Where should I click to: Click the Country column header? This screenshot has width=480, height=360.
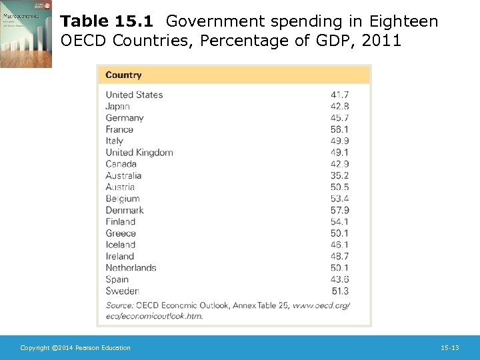click(x=123, y=75)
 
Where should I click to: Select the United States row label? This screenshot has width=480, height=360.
click(x=134, y=95)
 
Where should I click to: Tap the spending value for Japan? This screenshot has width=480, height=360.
click(x=339, y=106)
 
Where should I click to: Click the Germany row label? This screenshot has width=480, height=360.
click(x=125, y=118)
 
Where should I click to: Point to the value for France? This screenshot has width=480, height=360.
click(x=339, y=129)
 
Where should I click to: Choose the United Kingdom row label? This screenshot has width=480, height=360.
click(x=139, y=152)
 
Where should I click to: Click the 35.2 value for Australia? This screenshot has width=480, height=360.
click(x=339, y=175)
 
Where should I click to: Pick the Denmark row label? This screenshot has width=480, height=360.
click(x=125, y=210)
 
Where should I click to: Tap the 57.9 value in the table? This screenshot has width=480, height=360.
click(x=339, y=210)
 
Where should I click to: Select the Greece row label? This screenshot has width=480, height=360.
click(x=121, y=233)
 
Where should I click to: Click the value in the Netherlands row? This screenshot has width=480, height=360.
click(x=339, y=268)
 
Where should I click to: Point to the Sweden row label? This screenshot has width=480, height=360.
click(x=122, y=291)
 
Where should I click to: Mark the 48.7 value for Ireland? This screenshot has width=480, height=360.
click(x=339, y=256)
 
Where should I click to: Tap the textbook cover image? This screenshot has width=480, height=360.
click(x=26, y=34)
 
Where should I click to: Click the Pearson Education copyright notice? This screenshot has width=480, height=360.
click(x=75, y=348)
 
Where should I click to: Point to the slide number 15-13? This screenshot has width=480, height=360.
click(x=450, y=348)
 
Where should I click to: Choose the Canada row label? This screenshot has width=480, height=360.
click(x=121, y=164)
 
